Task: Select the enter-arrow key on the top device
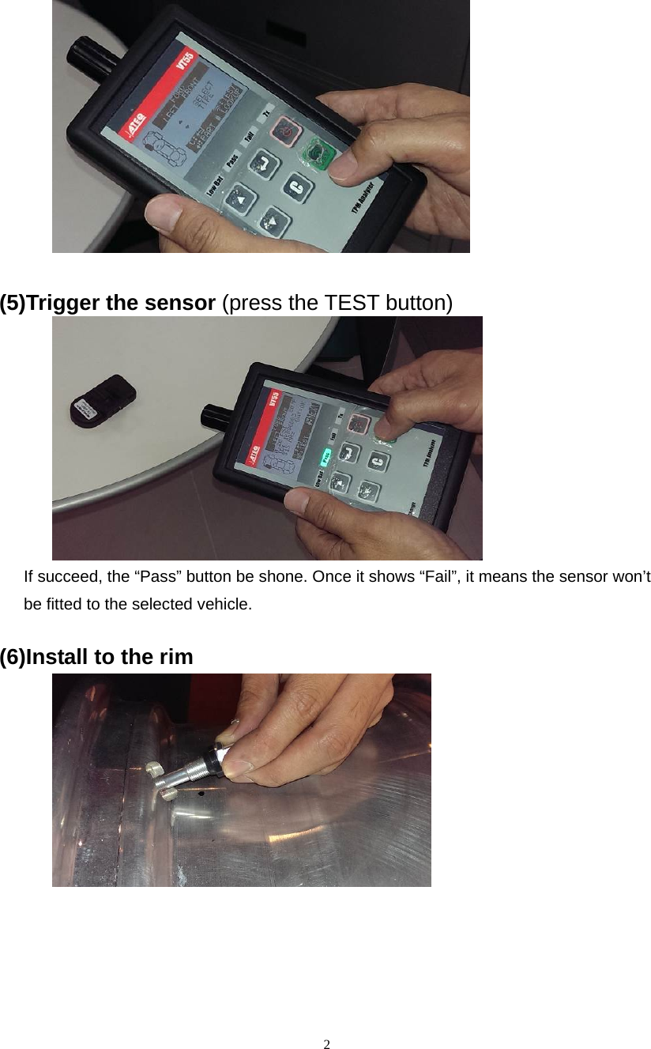[260, 164]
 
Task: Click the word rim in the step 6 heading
[177, 657]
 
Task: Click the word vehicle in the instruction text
[228, 605]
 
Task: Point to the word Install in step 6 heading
[56, 657]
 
